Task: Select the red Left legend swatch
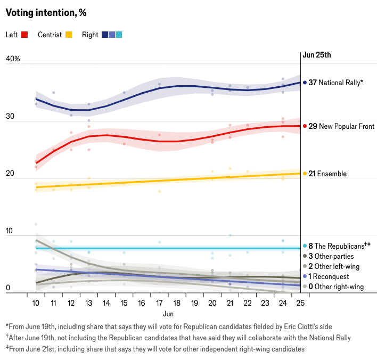(x=24, y=35)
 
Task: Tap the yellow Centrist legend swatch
(x=69, y=35)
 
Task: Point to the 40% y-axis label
(x=13, y=59)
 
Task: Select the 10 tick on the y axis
(x=10, y=231)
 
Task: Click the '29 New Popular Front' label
(x=341, y=126)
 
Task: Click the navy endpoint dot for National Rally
(x=305, y=83)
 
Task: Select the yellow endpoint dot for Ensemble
(x=305, y=174)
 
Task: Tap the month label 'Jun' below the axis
(x=168, y=314)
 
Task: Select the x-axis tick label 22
(x=248, y=302)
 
